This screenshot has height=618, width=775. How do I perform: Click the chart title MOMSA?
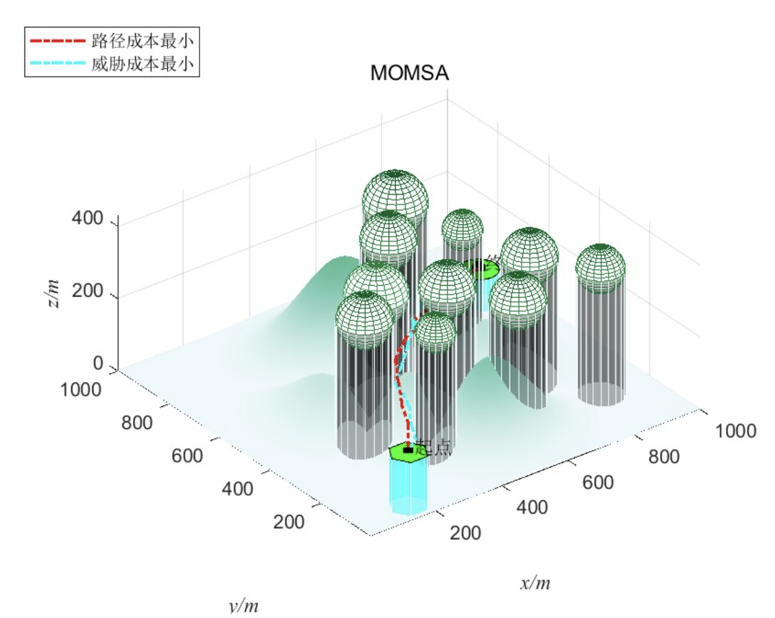(x=409, y=73)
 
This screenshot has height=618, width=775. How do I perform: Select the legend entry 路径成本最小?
(x=142, y=41)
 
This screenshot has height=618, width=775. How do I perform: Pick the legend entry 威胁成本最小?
(x=142, y=64)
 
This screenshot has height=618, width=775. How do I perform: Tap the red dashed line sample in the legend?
(x=58, y=41)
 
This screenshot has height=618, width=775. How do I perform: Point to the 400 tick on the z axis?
(x=88, y=219)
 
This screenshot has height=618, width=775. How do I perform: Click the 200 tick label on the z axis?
(x=88, y=290)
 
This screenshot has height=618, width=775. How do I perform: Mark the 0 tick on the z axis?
(x=98, y=363)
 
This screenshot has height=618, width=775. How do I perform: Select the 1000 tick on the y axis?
(x=81, y=389)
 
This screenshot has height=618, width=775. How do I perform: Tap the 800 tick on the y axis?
(x=137, y=423)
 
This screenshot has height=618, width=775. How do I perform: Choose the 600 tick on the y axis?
(x=187, y=455)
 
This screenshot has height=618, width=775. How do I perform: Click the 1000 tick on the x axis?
(x=735, y=431)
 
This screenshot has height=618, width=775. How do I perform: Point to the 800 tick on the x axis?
(x=664, y=457)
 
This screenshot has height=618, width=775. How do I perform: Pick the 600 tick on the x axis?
(x=598, y=482)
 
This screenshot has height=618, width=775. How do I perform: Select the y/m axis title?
(x=243, y=606)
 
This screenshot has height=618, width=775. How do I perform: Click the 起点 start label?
(x=434, y=448)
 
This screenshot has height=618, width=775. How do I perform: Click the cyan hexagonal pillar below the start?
(x=409, y=487)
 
